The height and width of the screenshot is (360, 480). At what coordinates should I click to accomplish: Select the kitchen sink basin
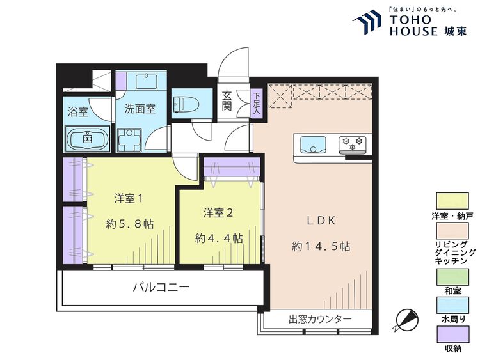(x=312, y=144)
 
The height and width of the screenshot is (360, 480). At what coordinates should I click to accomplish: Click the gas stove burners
(x=351, y=144)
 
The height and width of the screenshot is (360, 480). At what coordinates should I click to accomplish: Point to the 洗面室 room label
(x=140, y=109)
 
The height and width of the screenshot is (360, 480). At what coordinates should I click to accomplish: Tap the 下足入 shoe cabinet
(x=255, y=103)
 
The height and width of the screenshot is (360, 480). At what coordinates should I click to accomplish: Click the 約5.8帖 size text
(x=129, y=224)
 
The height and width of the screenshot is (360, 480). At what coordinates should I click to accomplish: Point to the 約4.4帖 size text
(x=219, y=238)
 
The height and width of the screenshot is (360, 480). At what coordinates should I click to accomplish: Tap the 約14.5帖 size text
(x=321, y=245)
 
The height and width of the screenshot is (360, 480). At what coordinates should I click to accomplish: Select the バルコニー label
(x=161, y=288)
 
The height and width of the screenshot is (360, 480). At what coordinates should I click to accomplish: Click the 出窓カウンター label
(x=320, y=319)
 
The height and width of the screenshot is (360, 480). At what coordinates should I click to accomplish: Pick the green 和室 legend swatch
(x=453, y=278)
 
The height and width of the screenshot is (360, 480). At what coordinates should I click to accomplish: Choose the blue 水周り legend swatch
(x=453, y=306)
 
